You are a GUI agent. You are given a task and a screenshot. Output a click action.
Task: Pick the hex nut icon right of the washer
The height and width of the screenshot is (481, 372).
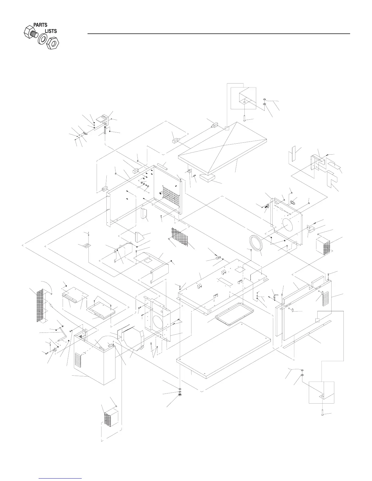click(x=53, y=43)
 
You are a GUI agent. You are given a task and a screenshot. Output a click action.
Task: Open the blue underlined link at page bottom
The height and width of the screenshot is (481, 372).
click(x=61, y=478)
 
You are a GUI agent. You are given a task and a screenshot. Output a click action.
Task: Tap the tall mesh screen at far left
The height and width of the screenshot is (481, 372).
click(x=40, y=306)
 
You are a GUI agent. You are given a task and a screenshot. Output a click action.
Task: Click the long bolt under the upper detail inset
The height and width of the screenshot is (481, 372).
click(x=244, y=116)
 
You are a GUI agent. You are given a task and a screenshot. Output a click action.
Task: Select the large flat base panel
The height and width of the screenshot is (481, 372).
click(x=224, y=348)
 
